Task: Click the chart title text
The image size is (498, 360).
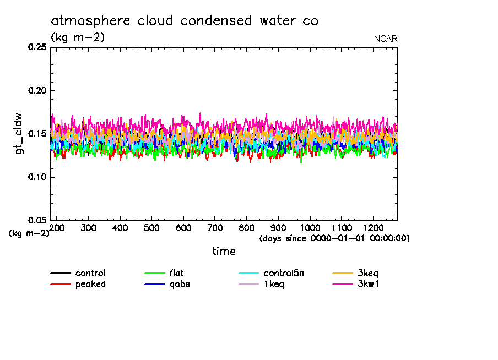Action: pyautogui.click(x=185, y=21)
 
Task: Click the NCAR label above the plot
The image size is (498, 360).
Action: pyautogui.click(x=386, y=39)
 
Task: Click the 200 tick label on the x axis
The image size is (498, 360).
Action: pyautogui.click(x=57, y=227)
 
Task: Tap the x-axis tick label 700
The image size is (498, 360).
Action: pyautogui.click(x=215, y=227)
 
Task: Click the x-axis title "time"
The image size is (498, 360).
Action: pyautogui.click(x=224, y=252)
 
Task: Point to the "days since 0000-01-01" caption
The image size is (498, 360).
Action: pyautogui.click(x=334, y=238)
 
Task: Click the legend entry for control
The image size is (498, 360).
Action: pyautogui.click(x=90, y=273)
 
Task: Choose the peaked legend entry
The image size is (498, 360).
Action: pyautogui.click(x=90, y=284)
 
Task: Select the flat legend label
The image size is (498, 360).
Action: pyautogui.click(x=177, y=273)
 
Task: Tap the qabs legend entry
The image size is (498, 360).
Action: pyautogui.click(x=180, y=284)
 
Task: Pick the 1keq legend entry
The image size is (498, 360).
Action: pyautogui.click(x=274, y=284)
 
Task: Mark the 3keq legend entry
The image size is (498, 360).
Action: pyautogui.click(x=368, y=273)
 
